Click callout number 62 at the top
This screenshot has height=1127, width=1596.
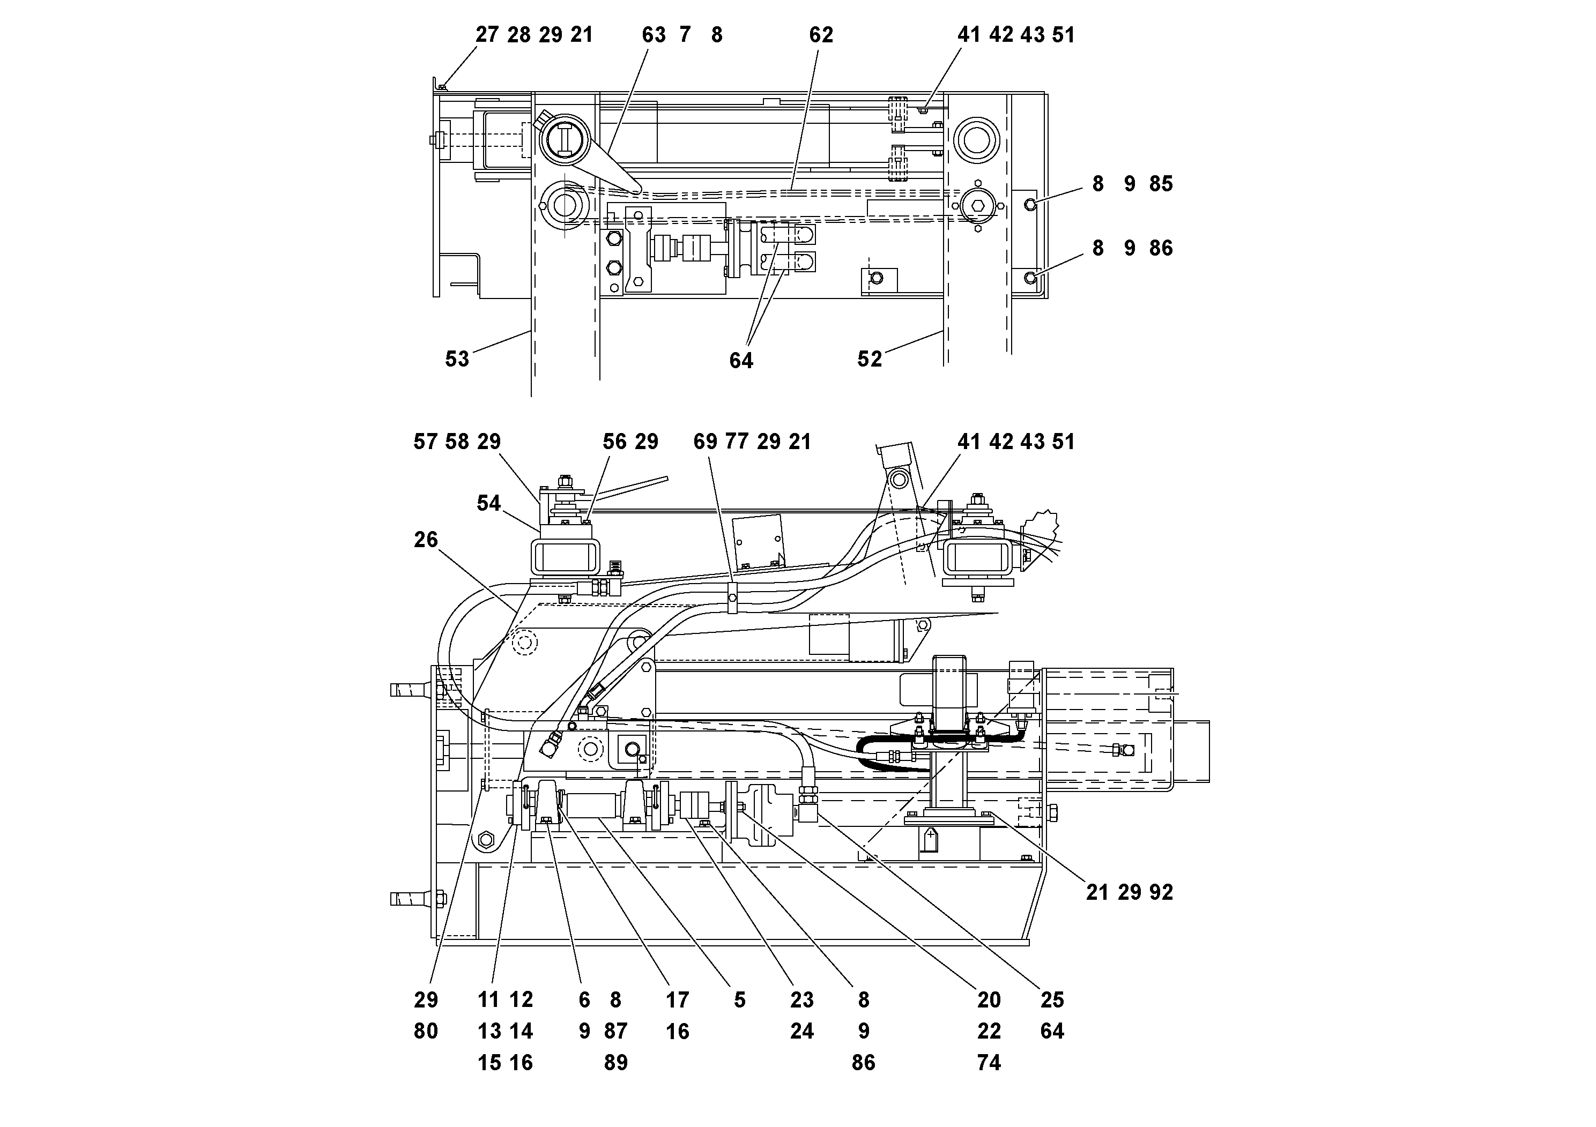point(820,35)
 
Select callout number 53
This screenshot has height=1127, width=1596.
point(457,359)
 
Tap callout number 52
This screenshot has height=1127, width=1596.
point(869,359)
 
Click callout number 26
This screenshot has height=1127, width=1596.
point(426,539)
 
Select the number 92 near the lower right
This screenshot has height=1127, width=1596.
point(1160,892)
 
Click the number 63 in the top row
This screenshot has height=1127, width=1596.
point(654,35)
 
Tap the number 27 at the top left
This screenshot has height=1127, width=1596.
point(487,35)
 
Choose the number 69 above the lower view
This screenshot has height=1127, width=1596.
point(705,442)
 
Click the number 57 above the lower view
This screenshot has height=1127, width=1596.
point(426,442)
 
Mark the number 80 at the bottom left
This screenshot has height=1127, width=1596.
point(426,1031)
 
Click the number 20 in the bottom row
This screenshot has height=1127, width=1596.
point(989,1000)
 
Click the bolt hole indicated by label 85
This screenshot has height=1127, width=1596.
point(1031,203)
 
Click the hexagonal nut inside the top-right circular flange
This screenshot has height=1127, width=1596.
point(977,206)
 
